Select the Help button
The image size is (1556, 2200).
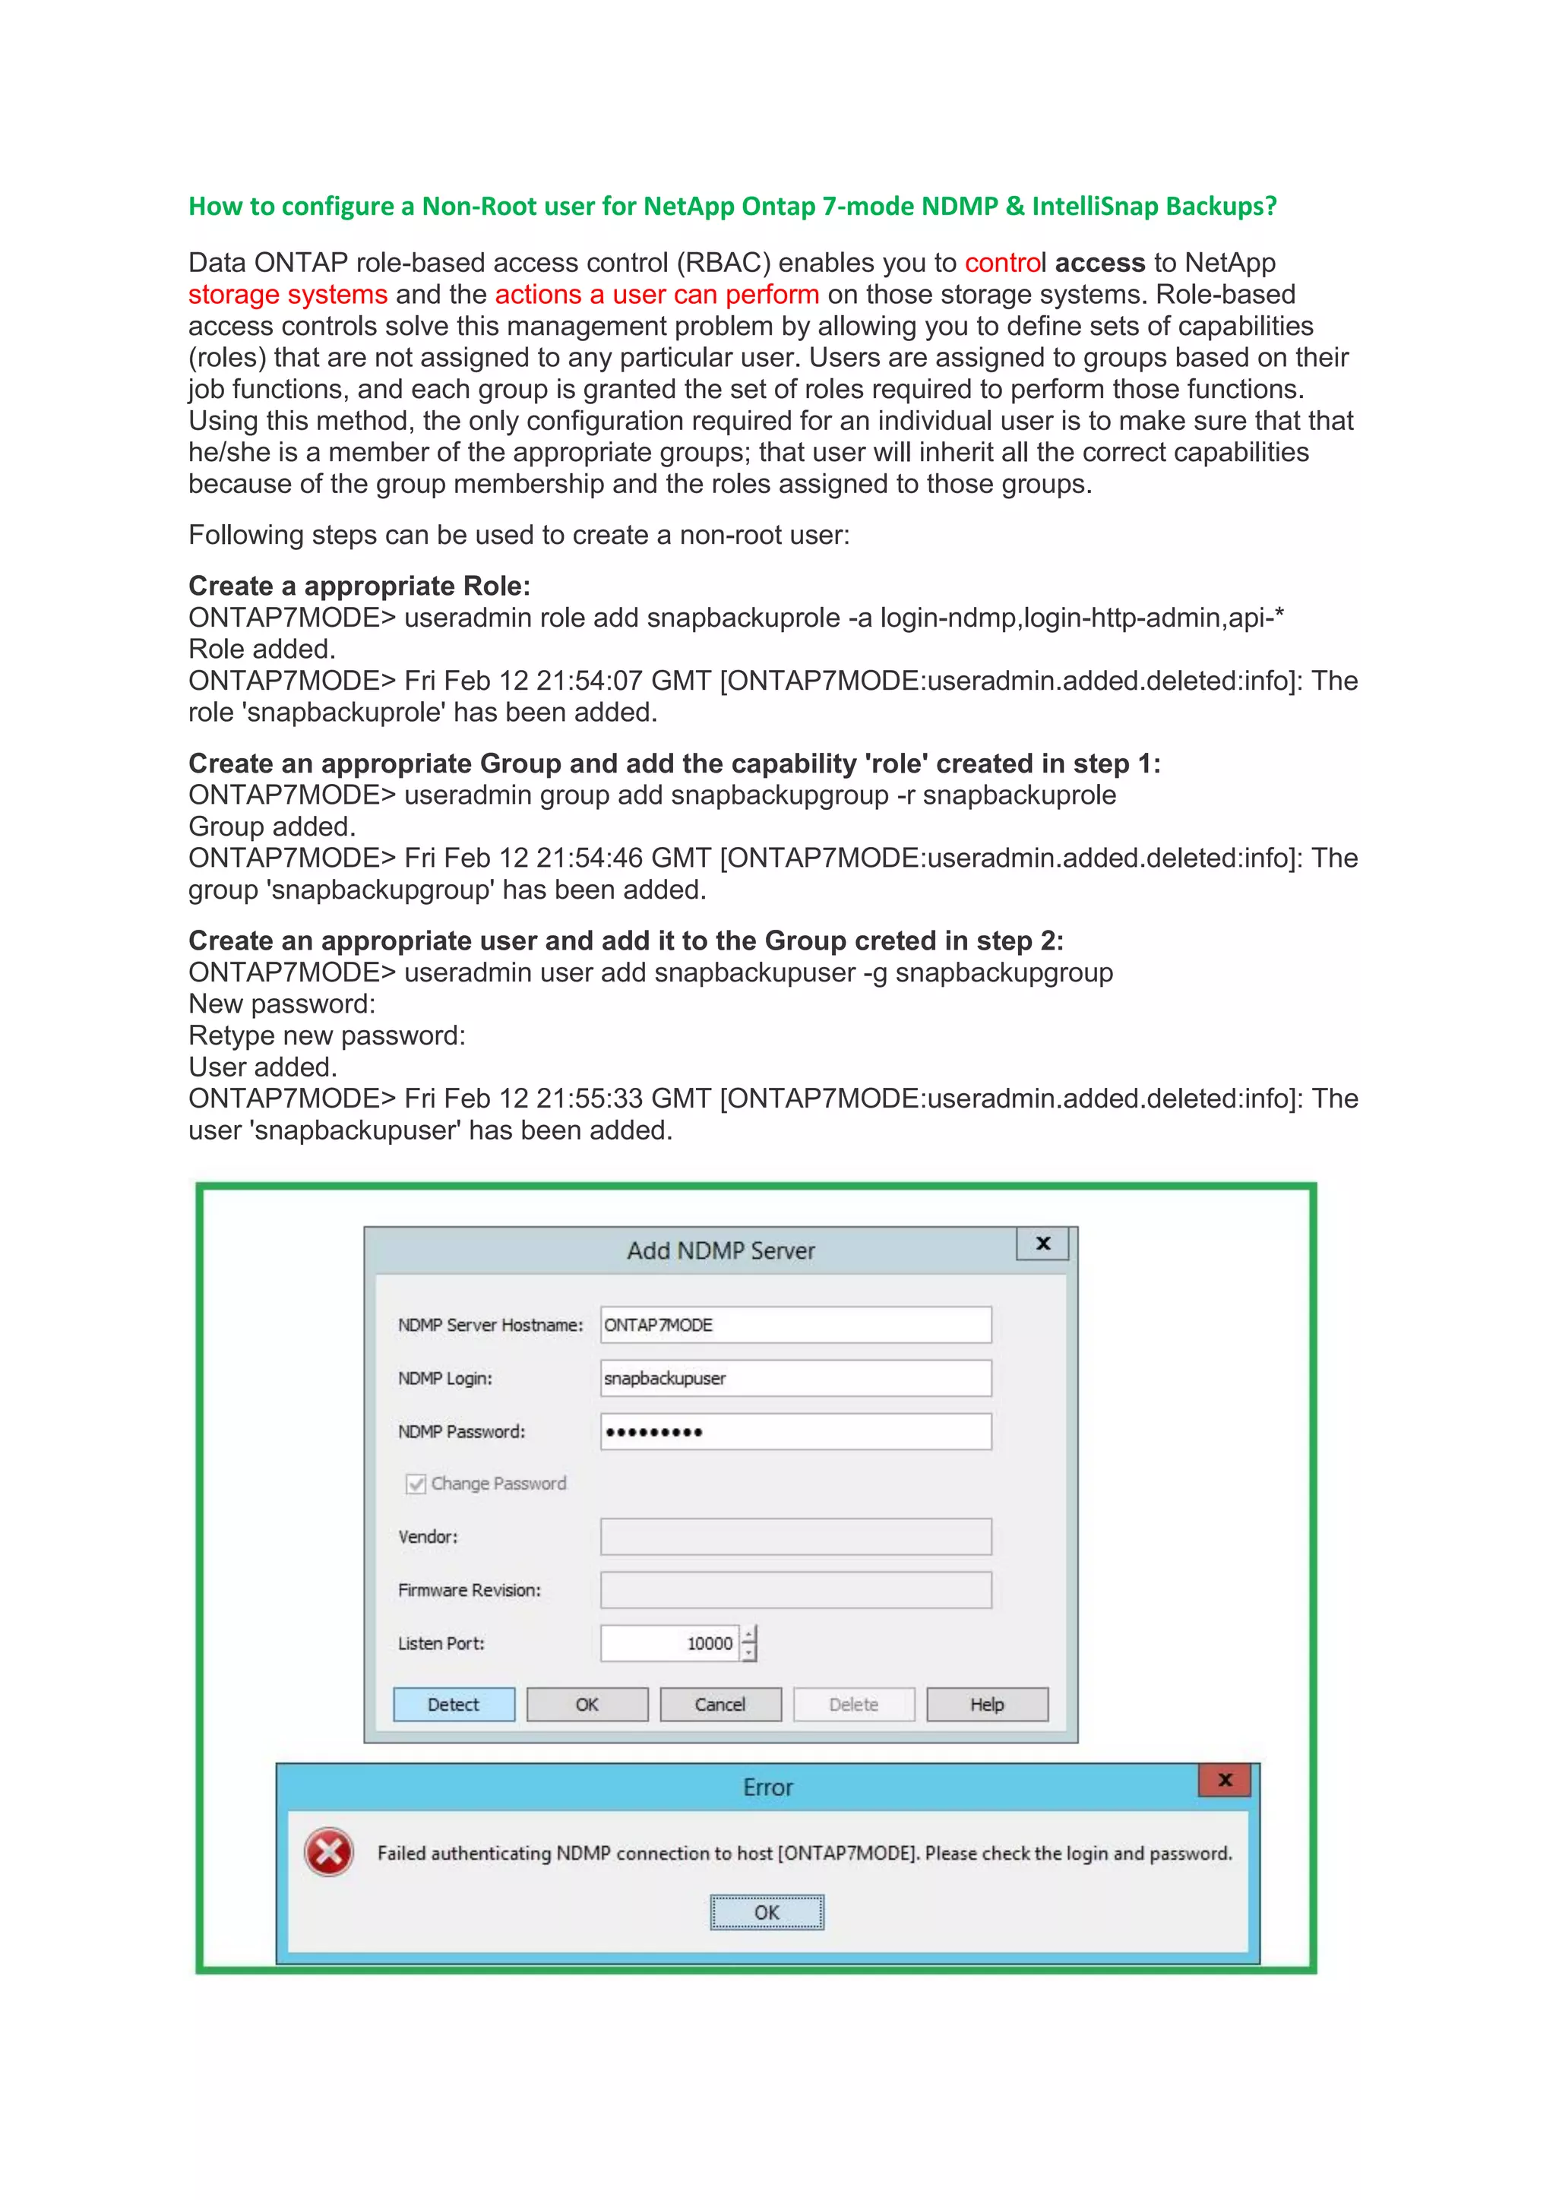987,1705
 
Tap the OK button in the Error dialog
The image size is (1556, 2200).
767,1913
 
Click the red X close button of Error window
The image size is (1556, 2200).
1225,1781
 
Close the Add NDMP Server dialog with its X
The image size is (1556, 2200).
1043,1244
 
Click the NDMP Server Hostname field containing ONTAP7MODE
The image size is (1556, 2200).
795,1325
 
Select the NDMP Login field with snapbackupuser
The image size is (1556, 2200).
795,1378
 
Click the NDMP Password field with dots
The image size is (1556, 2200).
795,1431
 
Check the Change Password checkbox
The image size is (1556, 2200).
416,1484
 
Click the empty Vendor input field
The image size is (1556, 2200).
795,1537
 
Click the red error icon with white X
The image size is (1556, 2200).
329,1852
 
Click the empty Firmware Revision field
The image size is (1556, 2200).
795,1591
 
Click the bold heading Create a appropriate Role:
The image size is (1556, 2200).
359,586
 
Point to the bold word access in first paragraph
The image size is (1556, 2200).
1100,263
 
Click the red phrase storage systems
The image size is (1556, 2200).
287,294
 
